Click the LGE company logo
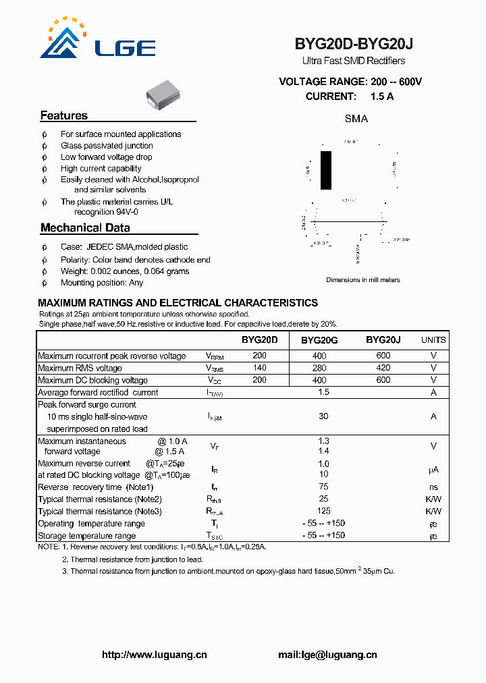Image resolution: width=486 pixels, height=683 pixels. pyautogui.click(x=97, y=40)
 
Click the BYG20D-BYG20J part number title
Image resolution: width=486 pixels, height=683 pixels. pyautogui.click(x=354, y=44)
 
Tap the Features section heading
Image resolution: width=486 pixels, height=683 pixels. pyautogui.click(x=64, y=115)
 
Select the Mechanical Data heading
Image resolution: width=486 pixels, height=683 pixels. pyautogui.click(x=85, y=228)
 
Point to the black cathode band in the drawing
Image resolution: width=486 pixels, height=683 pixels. pyautogui.click(x=326, y=170)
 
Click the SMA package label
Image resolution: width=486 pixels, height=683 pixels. pyautogui.click(x=356, y=119)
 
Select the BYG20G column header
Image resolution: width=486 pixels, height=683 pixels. pyautogui.click(x=319, y=341)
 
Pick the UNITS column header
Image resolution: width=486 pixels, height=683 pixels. pyautogui.click(x=433, y=341)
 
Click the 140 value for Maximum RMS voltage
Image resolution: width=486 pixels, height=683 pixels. pyautogui.click(x=259, y=368)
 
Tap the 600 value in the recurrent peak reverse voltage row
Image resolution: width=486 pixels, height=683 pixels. pyautogui.click(x=383, y=356)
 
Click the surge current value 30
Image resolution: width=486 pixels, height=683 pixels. pyautogui.click(x=323, y=416)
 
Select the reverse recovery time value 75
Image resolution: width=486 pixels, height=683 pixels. pyautogui.click(x=323, y=487)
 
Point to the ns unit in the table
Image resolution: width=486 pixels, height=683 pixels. pyautogui.click(x=433, y=487)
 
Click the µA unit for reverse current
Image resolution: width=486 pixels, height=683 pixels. pyautogui.click(x=433, y=469)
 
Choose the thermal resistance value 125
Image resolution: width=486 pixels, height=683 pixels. pyautogui.click(x=323, y=511)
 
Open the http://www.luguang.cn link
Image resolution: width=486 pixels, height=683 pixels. pyautogui.click(x=154, y=655)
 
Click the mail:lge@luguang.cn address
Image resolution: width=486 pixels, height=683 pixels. pyautogui.click(x=327, y=655)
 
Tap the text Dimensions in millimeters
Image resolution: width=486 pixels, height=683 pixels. pyautogui.click(x=363, y=279)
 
